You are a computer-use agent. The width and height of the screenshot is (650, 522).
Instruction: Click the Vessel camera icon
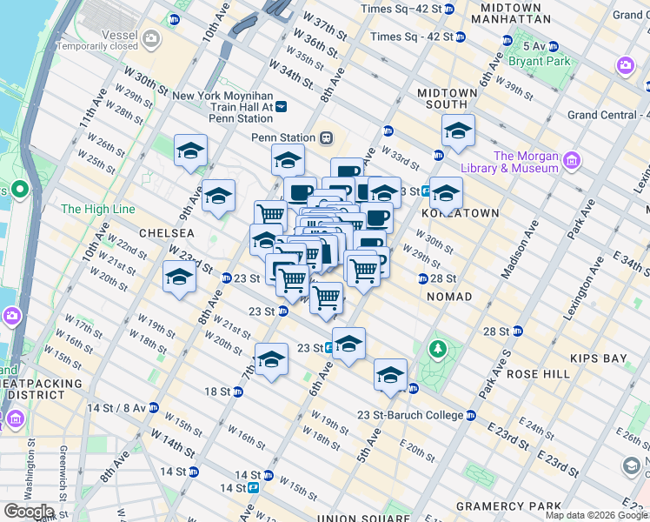click(152, 37)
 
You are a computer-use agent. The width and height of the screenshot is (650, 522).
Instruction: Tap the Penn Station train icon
click(327, 137)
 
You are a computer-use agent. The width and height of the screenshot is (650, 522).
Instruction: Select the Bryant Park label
click(541, 62)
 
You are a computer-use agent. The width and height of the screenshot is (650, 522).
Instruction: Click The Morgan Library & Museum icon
click(571, 161)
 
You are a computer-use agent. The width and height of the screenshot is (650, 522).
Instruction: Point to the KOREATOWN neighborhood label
click(460, 213)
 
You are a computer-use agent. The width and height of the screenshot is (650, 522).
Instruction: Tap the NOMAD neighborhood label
click(449, 297)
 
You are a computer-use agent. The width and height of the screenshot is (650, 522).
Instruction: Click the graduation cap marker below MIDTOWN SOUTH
click(458, 132)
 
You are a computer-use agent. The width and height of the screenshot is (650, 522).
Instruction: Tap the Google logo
click(29, 511)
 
